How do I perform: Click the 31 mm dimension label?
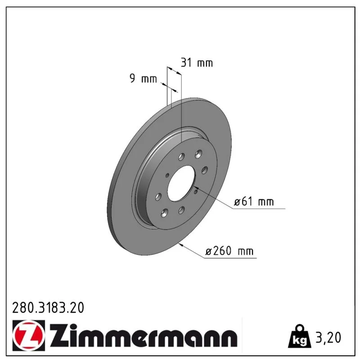click(x=197, y=63)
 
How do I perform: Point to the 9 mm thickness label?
click(x=143, y=78)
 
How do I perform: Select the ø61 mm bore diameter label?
click(x=254, y=202)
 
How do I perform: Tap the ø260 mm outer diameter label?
click(x=229, y=251)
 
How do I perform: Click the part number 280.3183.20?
click(x=48, y=308)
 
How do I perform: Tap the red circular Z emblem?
click(x=28, y=335)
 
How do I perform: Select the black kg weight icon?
click(x=300, y=336)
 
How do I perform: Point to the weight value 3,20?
click(x=328, y=337)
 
